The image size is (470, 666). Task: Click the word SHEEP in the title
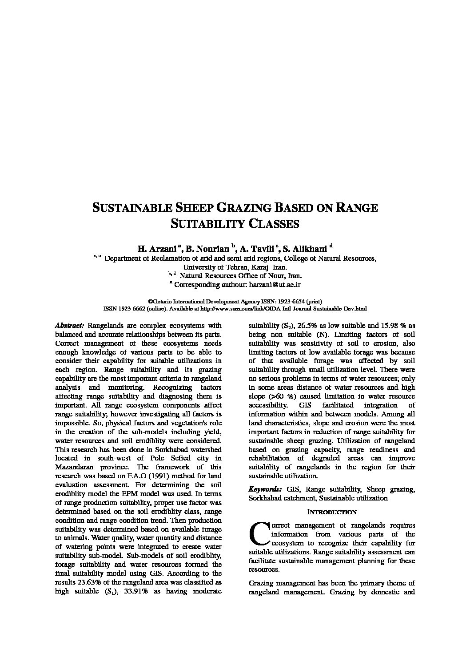click(x=193, y=208)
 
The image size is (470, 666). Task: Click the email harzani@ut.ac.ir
click(x=275, y=284)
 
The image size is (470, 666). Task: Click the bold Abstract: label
click(x=70, y=326)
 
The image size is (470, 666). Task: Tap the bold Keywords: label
click(x=265, y=489)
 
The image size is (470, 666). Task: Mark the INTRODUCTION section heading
click(x=331, y=512)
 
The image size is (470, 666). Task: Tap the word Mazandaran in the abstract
click(x=76, y=467)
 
